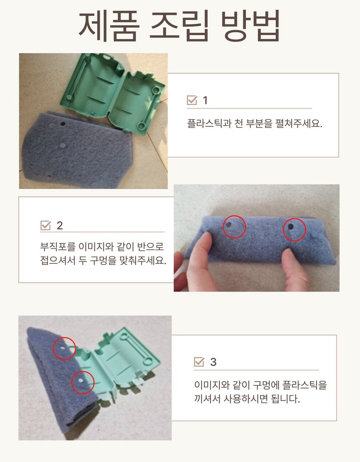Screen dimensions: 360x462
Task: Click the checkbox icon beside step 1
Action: [x=192, y=100]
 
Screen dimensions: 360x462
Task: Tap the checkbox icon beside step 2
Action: [x=46, y=225]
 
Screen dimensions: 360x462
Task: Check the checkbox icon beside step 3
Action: [x=199, y=362]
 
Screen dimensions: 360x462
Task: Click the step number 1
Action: [x=205, y=100]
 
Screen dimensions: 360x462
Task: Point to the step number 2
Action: [x=60, y=226]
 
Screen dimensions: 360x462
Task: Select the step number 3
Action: [x=213, y=362]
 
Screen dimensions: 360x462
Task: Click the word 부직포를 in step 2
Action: [x=58, y=247]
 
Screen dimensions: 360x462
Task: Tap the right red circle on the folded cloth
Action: [x=294, y=230]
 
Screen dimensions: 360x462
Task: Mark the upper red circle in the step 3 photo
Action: [x=64, y=348]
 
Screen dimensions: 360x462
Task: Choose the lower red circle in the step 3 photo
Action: [x=83, y=383]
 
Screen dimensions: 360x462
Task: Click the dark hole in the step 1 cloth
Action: [x=63, y=124]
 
